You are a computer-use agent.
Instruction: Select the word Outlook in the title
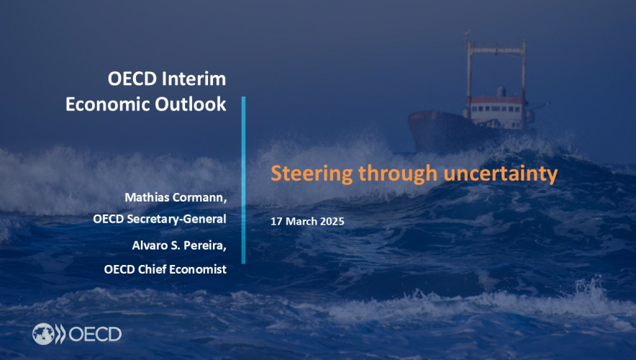point(192,104)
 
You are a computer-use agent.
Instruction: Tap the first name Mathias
point(148,196)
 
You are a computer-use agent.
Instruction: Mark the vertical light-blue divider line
point(243,180)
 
